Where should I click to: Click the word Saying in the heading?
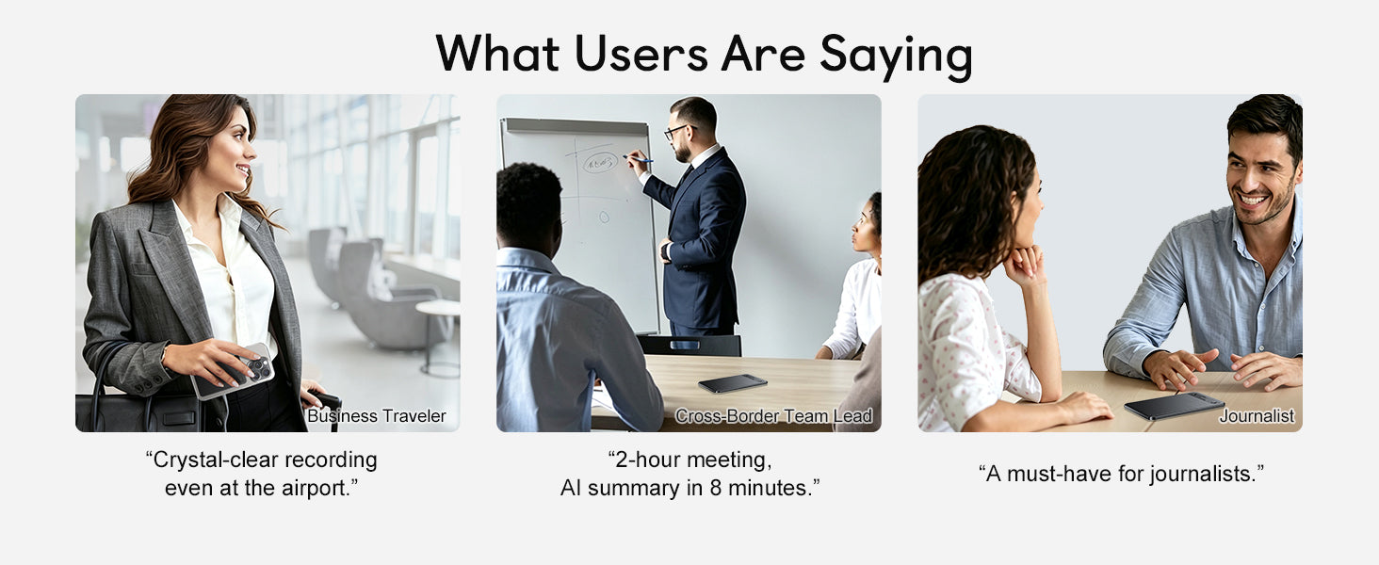[896, 56]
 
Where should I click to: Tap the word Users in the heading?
[641, 54]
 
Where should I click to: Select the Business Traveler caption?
[376, 416]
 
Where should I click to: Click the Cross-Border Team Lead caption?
[774, 416]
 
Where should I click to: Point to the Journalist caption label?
[1257, 416]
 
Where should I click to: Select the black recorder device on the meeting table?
[733, 383]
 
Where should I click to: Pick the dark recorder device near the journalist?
[1174, 406]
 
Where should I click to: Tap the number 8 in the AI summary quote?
[715, 488]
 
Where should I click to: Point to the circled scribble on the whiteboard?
[600, 163]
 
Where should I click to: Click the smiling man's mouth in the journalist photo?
[1252, 200]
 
